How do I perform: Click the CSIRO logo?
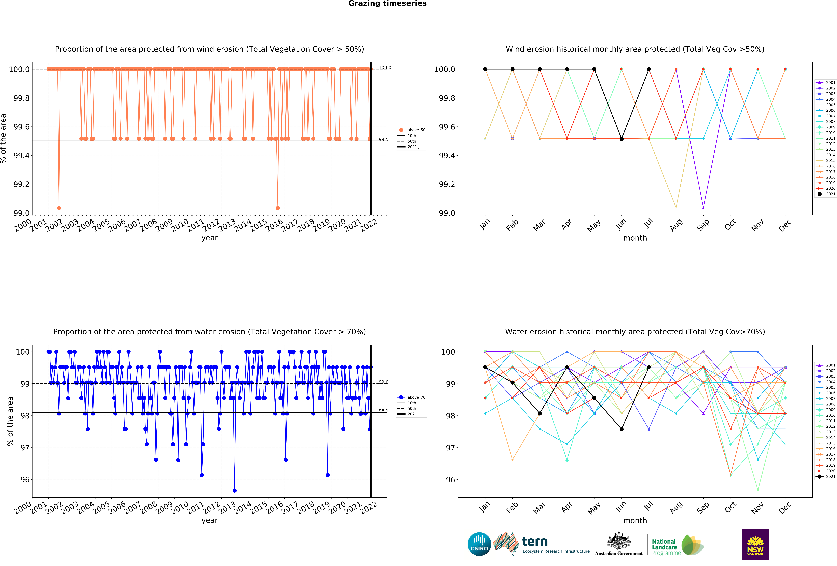pos(479,544)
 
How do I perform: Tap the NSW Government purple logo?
pos(755,544)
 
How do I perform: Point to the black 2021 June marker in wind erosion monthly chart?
pos(622,139)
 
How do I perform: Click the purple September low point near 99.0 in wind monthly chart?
pos(703,208)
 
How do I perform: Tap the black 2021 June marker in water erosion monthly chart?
pos(622,429)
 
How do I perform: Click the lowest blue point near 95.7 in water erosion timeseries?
pos(234,490)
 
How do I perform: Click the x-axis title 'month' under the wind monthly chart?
pos(635,238)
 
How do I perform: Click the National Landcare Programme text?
pos(666,547)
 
